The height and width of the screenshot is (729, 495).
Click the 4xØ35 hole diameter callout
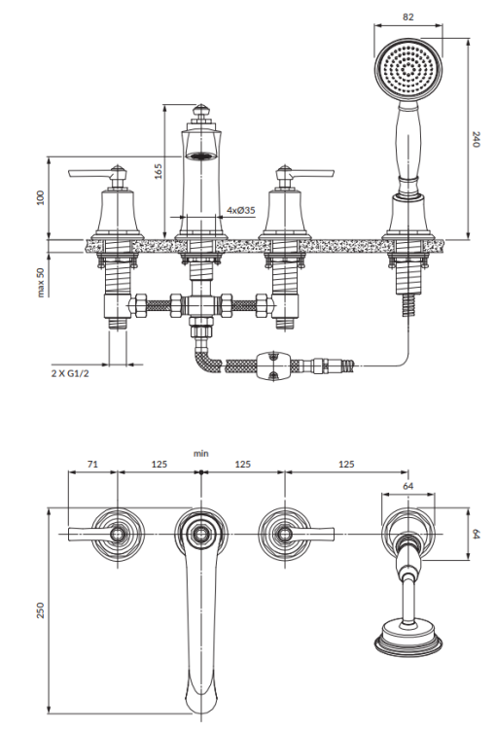pyautogui.click(x=240, y=209)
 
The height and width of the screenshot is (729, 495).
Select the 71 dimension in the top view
pyautogui.click(x=91, y=465)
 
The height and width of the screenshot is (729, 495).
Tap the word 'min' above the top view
pyautogui.click(x=200, y=453)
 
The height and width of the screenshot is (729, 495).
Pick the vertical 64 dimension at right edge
pyautogui.click(x=476, y=536)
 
